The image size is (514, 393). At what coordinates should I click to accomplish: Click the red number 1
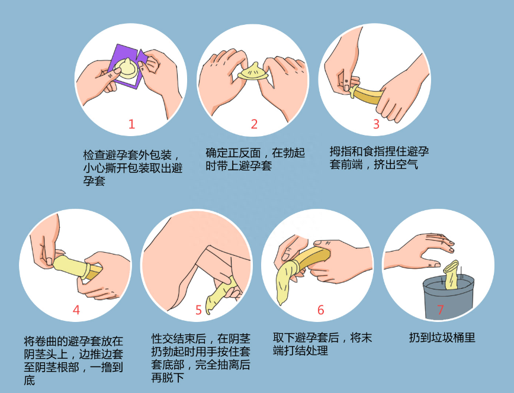[131, 124]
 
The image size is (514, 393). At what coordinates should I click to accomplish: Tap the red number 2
[254, 124]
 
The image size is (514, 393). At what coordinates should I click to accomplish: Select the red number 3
[376, 124]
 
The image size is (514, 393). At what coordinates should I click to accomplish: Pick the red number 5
[198, 310]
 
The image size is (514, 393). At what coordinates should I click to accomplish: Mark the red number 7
[440, 310]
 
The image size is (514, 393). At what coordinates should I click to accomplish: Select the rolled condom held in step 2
[253, 72]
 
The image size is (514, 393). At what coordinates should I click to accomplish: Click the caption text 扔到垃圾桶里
[442, 338]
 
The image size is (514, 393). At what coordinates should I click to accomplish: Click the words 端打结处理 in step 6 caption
[300, 351]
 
